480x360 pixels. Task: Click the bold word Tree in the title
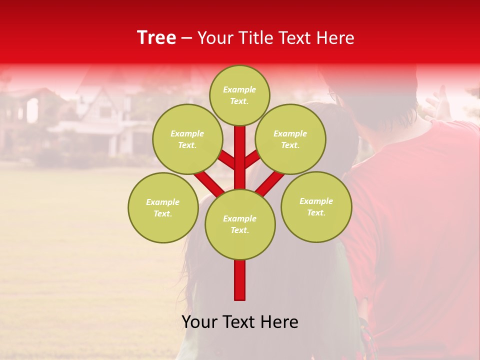[x=156, y=38]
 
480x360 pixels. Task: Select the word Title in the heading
[x=257, y=38]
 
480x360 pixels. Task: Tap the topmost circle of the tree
[x=239, y=95]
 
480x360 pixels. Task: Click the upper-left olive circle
[x=187, y=139]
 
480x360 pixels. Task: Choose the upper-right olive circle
[x=290, y=139]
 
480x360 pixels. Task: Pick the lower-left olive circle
[x=163, y=207]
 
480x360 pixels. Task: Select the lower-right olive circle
[x=316, y=206]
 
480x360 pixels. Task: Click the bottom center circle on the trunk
[x=240, y=224]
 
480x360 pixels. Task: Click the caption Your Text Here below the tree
[x=240, y=322]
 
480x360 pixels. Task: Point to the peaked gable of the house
[x=97, y=88]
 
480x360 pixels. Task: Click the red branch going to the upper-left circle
[x=227, y=159]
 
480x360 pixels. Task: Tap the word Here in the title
[x=335, y=38]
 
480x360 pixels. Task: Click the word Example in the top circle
[x=239, y=89]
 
